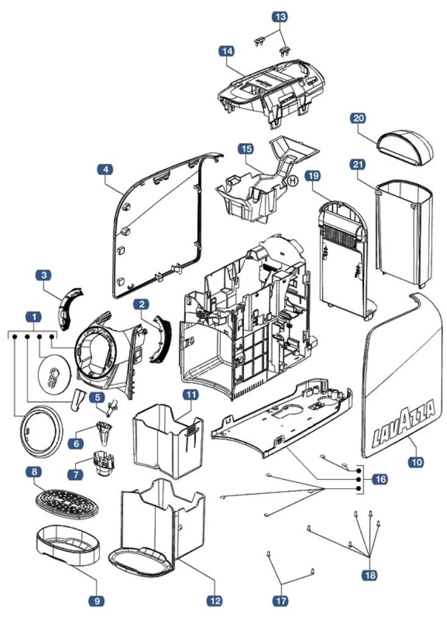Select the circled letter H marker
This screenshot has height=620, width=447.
pyautogui.click(x=292, y=180)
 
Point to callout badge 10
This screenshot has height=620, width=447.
pyautogui.click(x=417, y=463)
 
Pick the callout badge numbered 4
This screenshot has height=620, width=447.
pyautogui.click(x=105, y=171)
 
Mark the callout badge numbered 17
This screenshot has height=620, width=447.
pyautogui.click(x=280, y=600)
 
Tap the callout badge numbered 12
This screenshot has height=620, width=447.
pyautogui.click(x=215, y=600)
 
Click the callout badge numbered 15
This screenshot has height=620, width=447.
pyautogui.click(x=246, y=148)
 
